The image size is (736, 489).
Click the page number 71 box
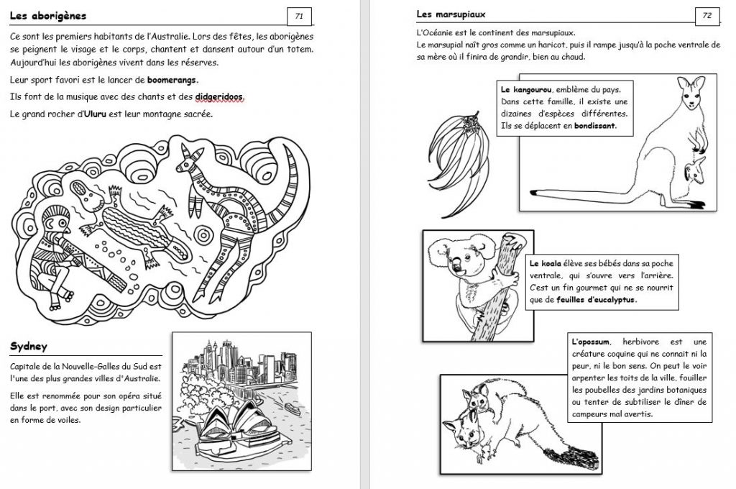(299, 15)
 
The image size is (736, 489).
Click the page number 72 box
(707, 15)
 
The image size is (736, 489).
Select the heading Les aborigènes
(49, 15)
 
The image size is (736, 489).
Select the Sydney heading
(29, 347)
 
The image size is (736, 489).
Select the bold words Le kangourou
(526, 90)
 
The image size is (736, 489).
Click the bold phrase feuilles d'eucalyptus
(596, 300)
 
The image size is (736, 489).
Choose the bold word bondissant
(594, 125)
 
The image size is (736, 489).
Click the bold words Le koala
(545, 264)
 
